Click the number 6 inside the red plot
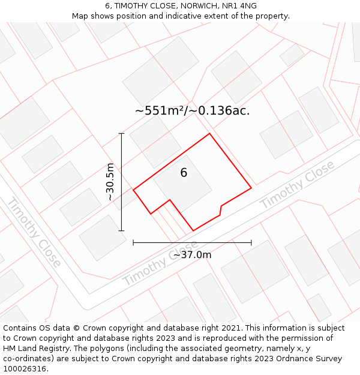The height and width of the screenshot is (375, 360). coord(184,173)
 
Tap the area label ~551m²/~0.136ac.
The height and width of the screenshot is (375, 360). coord(192,110)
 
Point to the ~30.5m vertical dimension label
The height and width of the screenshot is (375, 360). coord(110,182)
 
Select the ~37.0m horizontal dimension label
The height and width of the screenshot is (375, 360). coord(192,255)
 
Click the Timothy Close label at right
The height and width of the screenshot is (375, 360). coord(297,185)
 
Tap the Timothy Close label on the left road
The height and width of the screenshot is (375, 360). coord(34,232)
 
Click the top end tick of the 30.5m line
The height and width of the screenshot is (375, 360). coord(122,133)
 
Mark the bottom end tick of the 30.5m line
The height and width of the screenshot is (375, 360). coord(122,230)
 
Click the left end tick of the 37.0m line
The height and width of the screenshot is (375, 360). coord(133,242)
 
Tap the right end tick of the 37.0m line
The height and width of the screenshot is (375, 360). coord(251,242)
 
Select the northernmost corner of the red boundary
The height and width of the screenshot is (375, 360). coord(209,133)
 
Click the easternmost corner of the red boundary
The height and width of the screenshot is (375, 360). coord(251,188)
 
